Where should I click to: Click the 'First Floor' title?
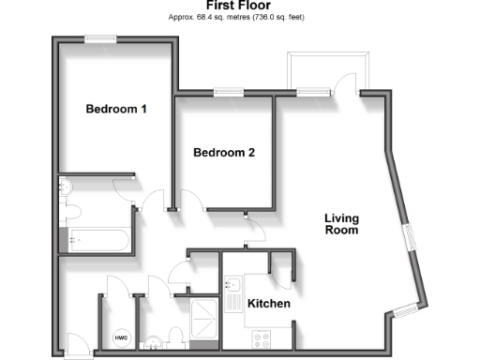(x=239, y=5)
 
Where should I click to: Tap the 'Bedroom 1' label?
(x=116, y=109)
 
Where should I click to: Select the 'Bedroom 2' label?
(x=224, y=152)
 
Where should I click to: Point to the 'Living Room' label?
(x=341, y=224)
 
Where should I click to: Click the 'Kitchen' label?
(x=268, y=304)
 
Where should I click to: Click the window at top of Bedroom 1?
(x=99, y=38)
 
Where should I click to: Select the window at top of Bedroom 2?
(x=226, y=92)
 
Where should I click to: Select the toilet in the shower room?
(x=176, y=337)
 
